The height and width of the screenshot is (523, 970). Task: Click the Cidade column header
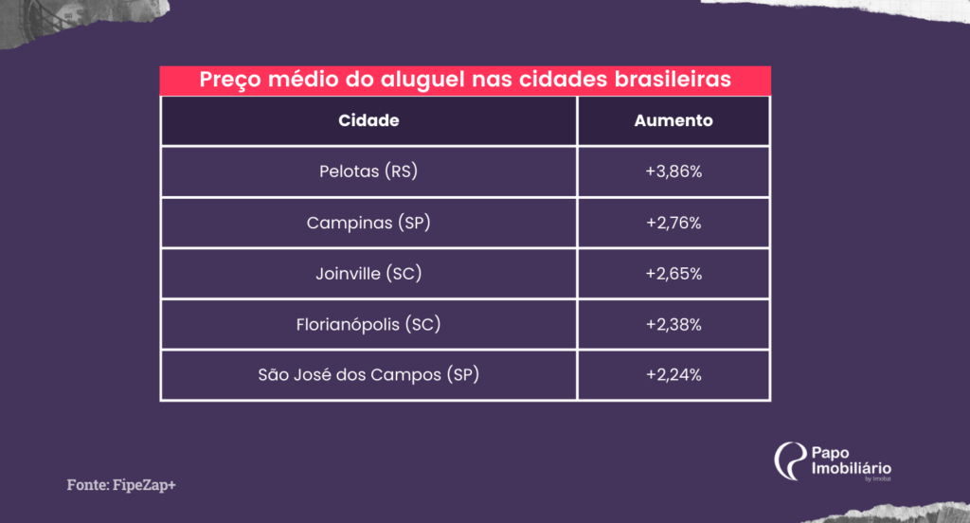368,120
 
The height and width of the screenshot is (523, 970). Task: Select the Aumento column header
674,120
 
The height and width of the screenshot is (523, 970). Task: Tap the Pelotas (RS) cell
368,171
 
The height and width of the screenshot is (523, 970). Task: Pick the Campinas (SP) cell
368,223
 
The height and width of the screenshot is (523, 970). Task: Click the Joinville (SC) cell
368,274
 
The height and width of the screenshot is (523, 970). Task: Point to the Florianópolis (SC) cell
368,324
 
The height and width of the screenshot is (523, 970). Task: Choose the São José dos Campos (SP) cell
368,375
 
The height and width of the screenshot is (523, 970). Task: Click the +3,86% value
674,171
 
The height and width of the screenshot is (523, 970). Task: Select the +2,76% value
674,223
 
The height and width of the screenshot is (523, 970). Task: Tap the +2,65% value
674,274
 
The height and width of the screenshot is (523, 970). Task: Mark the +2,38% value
674,324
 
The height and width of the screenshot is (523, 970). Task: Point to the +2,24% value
674,375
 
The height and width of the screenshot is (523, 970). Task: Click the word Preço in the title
230,81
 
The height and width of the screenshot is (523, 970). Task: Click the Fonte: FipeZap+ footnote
121,484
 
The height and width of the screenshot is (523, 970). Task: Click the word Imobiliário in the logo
852,469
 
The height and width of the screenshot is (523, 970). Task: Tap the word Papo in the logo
830,454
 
